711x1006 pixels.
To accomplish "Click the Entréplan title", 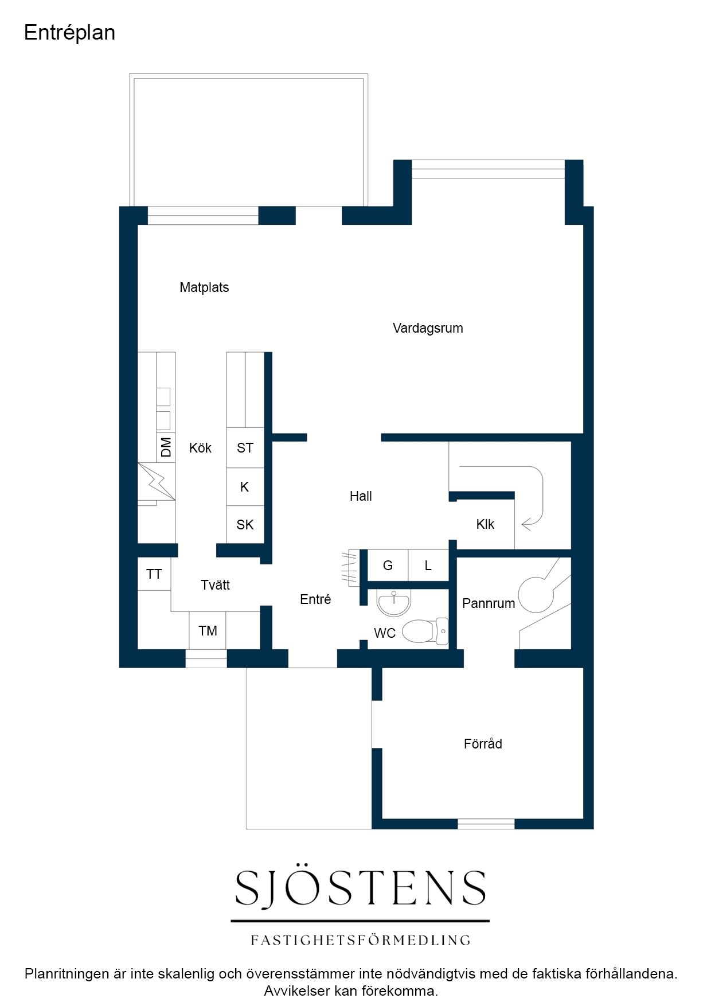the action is pyautogui.click(x=69, y=33).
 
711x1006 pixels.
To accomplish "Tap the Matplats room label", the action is pyautogui.click(x=204, y=287).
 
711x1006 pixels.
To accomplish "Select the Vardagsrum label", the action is pyautogui.click(x=428, y=328).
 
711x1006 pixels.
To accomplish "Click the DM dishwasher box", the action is pyautogui.click(x=166, y=447).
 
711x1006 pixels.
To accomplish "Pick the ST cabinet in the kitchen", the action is pyautogui.click(x=245, y=448).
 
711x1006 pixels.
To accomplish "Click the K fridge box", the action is pyautogui.click(x=245, y=487).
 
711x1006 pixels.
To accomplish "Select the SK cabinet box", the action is pyautogui.click(x=245, y=524).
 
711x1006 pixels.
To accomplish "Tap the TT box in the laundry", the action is pyautogui.click(x=154, y=574).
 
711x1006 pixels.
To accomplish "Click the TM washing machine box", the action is pyautogui.click(x=208, y=631).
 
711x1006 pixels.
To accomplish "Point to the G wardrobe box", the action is pyautogui.click(x=388, y=566).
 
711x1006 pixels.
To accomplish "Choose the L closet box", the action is pyautogui.click(x=428, y=566).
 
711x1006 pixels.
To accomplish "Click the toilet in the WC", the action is pyautogui.click(x=425, y=631).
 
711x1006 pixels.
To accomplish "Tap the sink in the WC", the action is pyautogui.click(x=394, y=602).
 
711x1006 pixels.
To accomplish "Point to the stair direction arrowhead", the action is pyautogui.click(x=526, y=524).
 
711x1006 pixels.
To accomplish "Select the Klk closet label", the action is pyautogui.click(x=485, y=524).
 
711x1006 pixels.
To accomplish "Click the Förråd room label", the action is pyautogui.click(x=483, y=744).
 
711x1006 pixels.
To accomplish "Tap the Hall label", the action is pyautogui.click(x=361, y=496).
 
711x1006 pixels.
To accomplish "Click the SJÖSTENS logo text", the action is pyautogui.click(x=361, y=888).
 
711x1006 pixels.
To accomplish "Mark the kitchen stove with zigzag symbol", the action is pyautogui.click(x=157, y=482).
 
